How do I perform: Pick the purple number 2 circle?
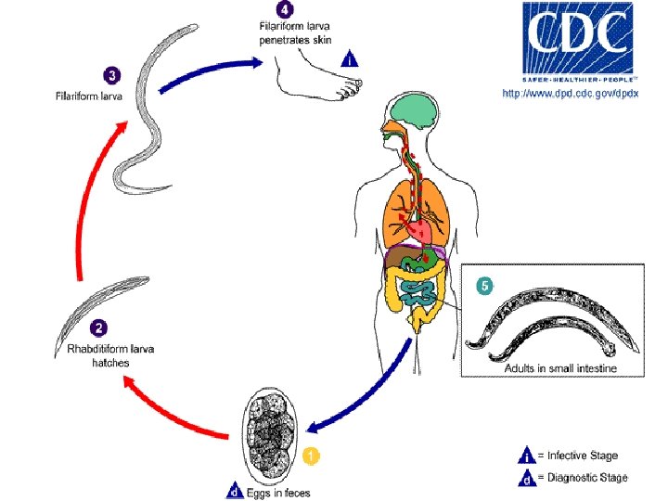tap(99, 328)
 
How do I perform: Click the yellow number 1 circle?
tap(312, 456)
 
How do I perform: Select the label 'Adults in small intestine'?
tap(560, 369)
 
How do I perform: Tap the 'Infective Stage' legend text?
tap(582, 456)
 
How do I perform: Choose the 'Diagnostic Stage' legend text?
tap(587, 478)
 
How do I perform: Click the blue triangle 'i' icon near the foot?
tap(349, 59)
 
